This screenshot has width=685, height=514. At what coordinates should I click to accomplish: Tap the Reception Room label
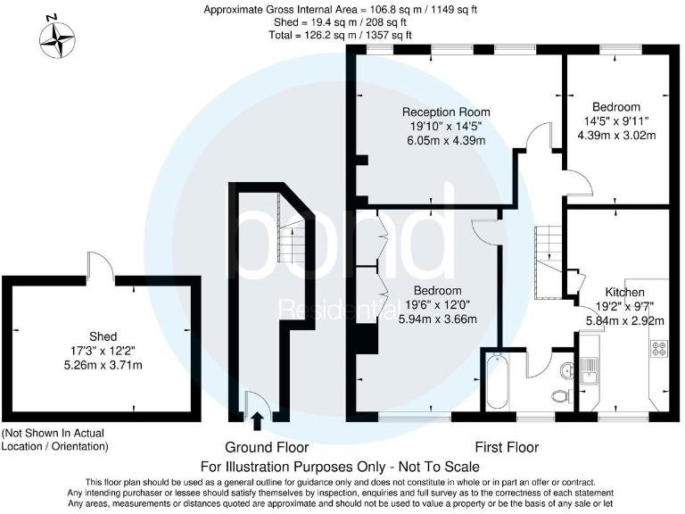(446, 112)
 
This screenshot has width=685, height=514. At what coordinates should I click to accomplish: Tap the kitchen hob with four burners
(661, 349)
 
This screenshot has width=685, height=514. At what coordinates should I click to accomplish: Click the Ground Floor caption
(267, 447)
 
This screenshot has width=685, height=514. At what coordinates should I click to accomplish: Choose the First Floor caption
(507, 447)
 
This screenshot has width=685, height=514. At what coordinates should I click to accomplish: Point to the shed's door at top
(100, 265)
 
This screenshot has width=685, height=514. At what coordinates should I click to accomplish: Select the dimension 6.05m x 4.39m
(446, 140)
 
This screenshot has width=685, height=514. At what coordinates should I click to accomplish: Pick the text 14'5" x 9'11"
(616, 121)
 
